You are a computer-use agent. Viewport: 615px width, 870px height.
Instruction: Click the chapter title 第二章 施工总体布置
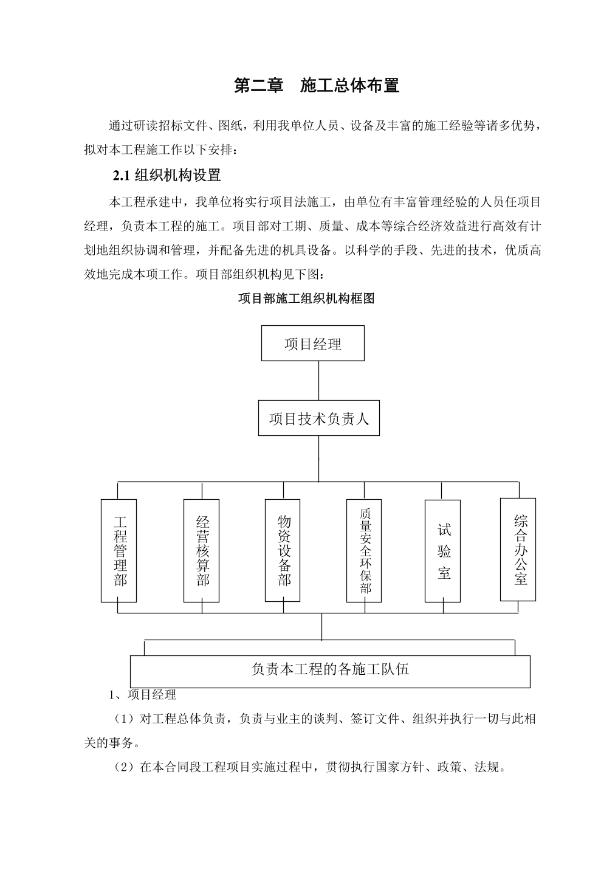pos(317,86)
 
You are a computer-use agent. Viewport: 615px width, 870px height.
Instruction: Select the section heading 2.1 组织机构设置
pos(167,176)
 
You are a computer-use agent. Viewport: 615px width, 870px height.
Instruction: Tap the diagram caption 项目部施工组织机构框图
pos(306,299)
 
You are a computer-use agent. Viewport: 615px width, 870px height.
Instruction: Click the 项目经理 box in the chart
pos(312,344)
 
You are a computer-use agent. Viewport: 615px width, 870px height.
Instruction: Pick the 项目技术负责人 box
pos(319,418)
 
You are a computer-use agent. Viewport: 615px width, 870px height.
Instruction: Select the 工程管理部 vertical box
pos(119,551)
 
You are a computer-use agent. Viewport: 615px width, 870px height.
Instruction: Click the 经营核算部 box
pos(201,551)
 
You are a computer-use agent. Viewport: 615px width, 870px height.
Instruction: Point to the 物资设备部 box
pos(283,550)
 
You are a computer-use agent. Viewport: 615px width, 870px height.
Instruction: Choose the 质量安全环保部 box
pos(364,551)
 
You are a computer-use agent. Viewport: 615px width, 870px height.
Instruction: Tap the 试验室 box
pos(442,551)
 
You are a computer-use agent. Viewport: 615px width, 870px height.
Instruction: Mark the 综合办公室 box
pos(518,550)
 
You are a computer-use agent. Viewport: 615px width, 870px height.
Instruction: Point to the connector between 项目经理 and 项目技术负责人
pos(319,381)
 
